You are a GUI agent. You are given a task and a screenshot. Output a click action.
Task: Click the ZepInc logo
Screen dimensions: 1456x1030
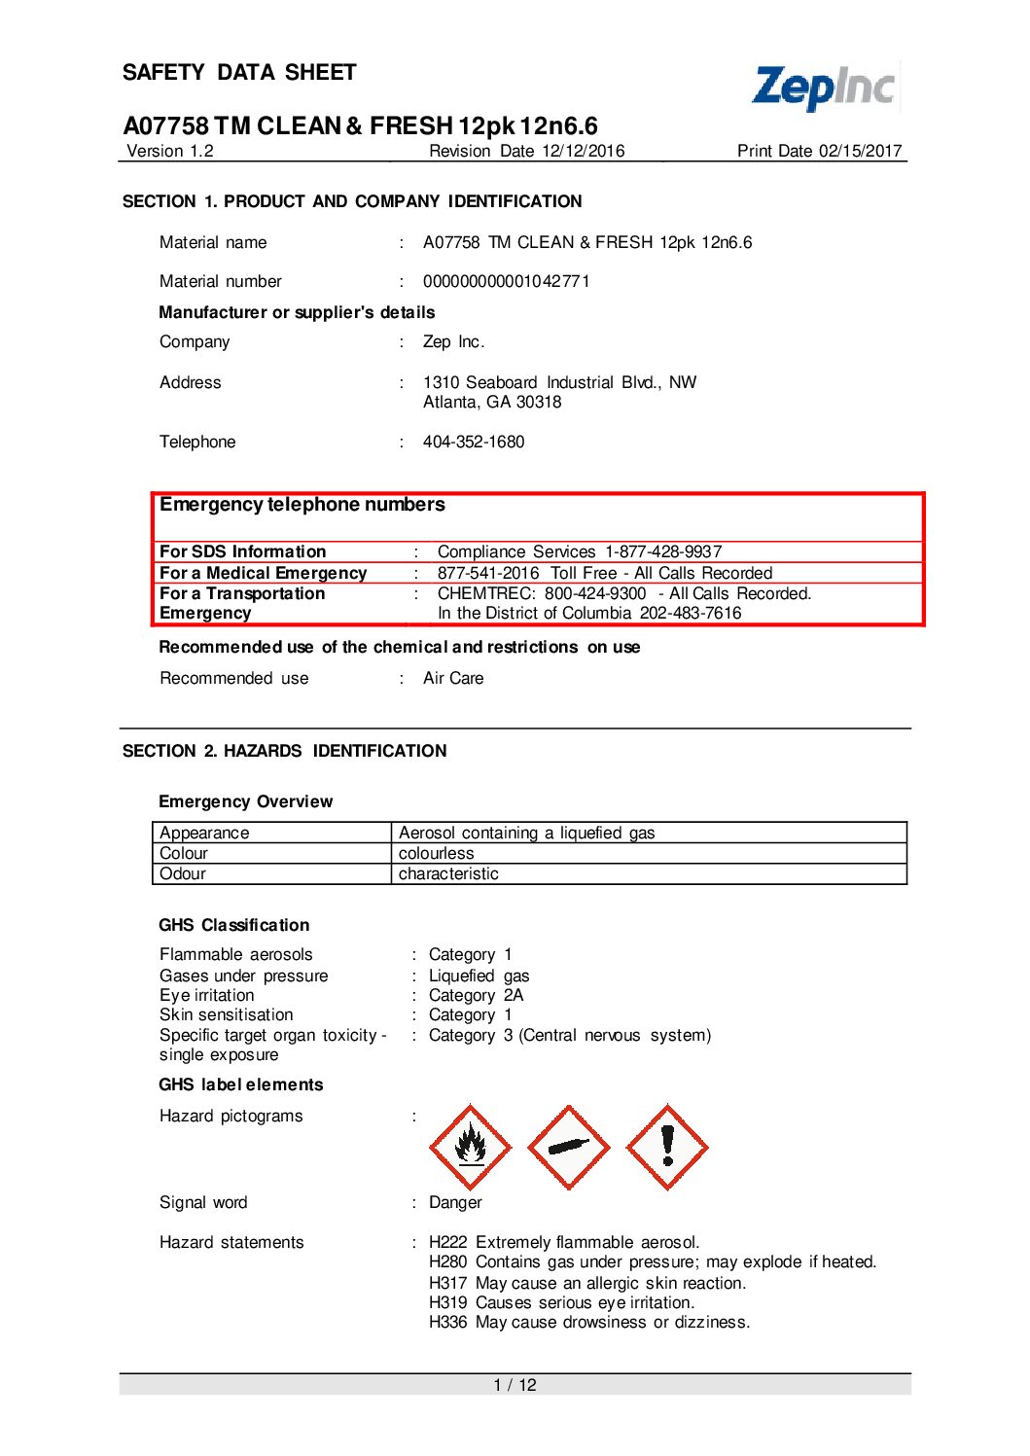coord(824,88)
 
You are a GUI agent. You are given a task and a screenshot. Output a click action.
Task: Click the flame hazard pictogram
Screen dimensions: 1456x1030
coord(471,1147)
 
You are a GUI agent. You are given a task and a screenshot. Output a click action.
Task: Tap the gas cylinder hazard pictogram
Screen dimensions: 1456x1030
coord(569,1147)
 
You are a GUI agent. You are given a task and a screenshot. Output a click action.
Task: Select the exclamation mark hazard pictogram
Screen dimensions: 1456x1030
coord(667,1147)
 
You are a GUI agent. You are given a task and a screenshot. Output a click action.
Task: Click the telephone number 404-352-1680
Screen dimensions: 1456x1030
coord(474,442)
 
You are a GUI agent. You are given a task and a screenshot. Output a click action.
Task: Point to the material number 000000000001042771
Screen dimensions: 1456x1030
coord(506,281)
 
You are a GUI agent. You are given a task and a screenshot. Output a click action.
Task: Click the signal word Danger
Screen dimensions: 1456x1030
coord(455,1203)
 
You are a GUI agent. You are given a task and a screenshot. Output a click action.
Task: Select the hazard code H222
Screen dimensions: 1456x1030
coord(447,1242)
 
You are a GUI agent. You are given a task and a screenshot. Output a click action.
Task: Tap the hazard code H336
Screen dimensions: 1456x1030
coord(447,1323)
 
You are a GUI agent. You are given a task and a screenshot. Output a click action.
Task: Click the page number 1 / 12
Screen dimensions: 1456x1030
coord(515,1385)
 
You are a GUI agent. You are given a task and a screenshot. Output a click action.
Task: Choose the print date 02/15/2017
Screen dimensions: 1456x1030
coord(861,151)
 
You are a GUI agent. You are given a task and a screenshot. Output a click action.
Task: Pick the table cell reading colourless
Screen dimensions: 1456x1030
coord(437,853)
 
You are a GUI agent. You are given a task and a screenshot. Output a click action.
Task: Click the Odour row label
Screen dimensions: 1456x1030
coord(183,873)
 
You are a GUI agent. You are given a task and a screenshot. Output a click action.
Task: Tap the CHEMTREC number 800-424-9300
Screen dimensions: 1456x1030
coord(595,593)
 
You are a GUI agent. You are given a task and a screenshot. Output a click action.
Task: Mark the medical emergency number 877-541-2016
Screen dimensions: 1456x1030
coord(488,573)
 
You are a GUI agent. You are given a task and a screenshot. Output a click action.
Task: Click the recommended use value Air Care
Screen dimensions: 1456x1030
coord(453,678)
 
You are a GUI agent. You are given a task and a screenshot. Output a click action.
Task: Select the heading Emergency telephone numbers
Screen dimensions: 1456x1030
coord(302,505)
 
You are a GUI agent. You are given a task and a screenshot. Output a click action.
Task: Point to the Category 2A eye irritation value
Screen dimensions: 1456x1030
coord(476,995)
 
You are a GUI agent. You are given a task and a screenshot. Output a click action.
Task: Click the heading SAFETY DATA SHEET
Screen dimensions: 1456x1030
coord(239,73)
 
